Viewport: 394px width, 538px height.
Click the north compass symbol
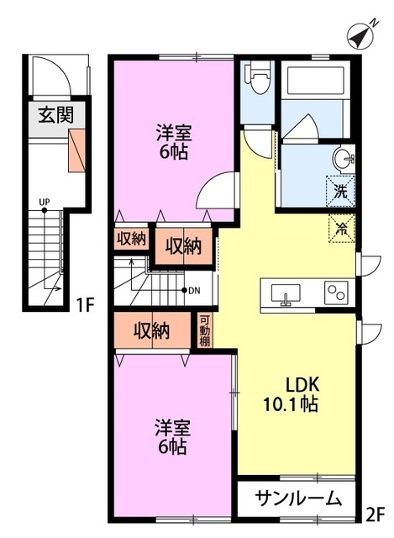pos(360,35)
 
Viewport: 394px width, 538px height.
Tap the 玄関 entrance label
pos(56,114)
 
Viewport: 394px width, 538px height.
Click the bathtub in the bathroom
pos(316,81)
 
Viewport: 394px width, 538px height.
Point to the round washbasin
pos(344,159)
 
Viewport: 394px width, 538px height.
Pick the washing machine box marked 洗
pos(340,191)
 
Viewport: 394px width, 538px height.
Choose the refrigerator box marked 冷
pos(342,228)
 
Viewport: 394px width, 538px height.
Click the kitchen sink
pos(286,294)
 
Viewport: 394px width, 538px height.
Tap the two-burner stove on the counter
pos(336,293)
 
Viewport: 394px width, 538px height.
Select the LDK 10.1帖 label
pos(291,394)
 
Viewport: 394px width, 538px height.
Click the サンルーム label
pos(298,498)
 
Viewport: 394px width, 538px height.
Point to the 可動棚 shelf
pos(205,330)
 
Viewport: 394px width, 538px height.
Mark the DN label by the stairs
pos(195,291)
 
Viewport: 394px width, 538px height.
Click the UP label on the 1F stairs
pos(45,202)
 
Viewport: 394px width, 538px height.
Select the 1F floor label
pos(84,304)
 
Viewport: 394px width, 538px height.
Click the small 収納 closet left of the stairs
pos(131,239)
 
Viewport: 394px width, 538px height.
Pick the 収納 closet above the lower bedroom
pos(152,331)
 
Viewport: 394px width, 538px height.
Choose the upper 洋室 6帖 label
pos(174,142)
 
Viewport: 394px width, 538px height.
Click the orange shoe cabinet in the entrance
pos(76,150)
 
